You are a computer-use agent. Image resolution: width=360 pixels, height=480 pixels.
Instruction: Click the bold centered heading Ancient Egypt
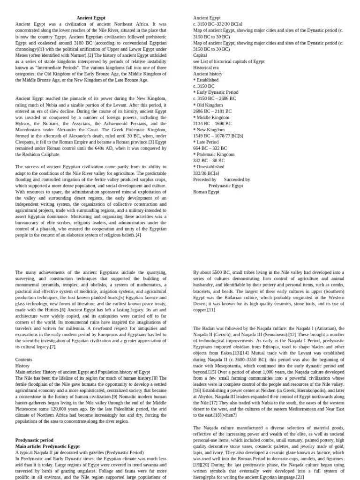click(91, 18)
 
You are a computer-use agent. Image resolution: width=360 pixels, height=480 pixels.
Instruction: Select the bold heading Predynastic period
click(34, 440)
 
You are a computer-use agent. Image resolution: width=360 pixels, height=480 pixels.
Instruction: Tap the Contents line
click(24, 360)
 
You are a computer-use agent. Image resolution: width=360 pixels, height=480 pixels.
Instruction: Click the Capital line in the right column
click(200, 55)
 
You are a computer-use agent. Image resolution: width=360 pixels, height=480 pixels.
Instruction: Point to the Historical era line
click(206, 67)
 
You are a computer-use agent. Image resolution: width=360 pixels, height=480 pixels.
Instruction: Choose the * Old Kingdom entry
click(208, 105)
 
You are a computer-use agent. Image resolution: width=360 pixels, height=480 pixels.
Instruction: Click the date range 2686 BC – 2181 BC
click(212, 111)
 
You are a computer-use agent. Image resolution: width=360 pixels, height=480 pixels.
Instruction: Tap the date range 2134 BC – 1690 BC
click(212, 123)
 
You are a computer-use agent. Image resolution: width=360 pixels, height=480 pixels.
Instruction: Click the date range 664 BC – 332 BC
click(210, 148)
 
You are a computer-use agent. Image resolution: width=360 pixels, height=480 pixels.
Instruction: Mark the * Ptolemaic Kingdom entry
click(214, 154)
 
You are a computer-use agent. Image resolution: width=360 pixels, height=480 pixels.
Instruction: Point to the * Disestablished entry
click(209, 166)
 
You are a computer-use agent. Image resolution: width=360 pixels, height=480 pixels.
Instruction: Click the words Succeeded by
click(237, 179)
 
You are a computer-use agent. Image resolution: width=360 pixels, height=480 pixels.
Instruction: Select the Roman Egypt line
click(206, 191)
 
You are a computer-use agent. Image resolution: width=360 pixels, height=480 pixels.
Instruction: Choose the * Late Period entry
click(206, 142)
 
